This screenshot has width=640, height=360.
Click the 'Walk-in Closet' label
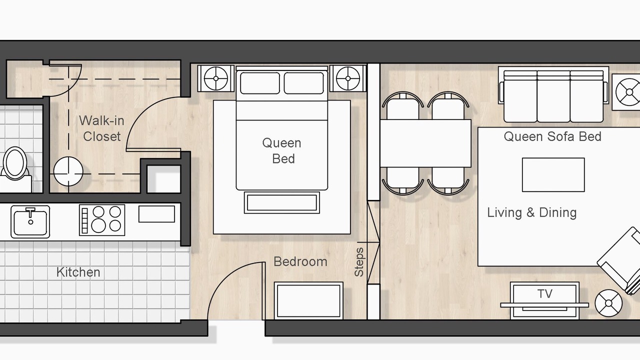(x=101, y=128)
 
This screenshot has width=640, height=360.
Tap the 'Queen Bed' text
(x=282, y=151)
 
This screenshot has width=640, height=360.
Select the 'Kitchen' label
(x=78, y=272)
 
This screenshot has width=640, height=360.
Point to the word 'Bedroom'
(x=300, y=261)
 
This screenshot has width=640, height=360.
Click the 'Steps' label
(x=359, y=262)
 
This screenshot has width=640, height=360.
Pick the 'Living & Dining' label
(x=531, y=213)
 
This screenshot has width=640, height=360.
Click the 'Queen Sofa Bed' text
(x=552, y=136)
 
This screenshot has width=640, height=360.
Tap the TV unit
(x=544, y=300)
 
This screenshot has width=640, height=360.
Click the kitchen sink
(x=30, y=221)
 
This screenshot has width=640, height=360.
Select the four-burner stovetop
(x=102, y=220)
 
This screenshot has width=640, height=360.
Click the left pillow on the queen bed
(x=259, y=83)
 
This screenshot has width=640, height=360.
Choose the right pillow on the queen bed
(x=303, y=83)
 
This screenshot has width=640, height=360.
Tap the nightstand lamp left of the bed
(x=216, y=78)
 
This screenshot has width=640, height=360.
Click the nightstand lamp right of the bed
(x=348, y=78)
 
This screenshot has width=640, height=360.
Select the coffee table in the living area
(x=553, y=175)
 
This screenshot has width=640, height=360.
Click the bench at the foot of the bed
(x=282, y=202)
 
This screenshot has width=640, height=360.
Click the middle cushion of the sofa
(x=553, y=96)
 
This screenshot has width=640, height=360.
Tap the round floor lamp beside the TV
(x=608, y=303)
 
